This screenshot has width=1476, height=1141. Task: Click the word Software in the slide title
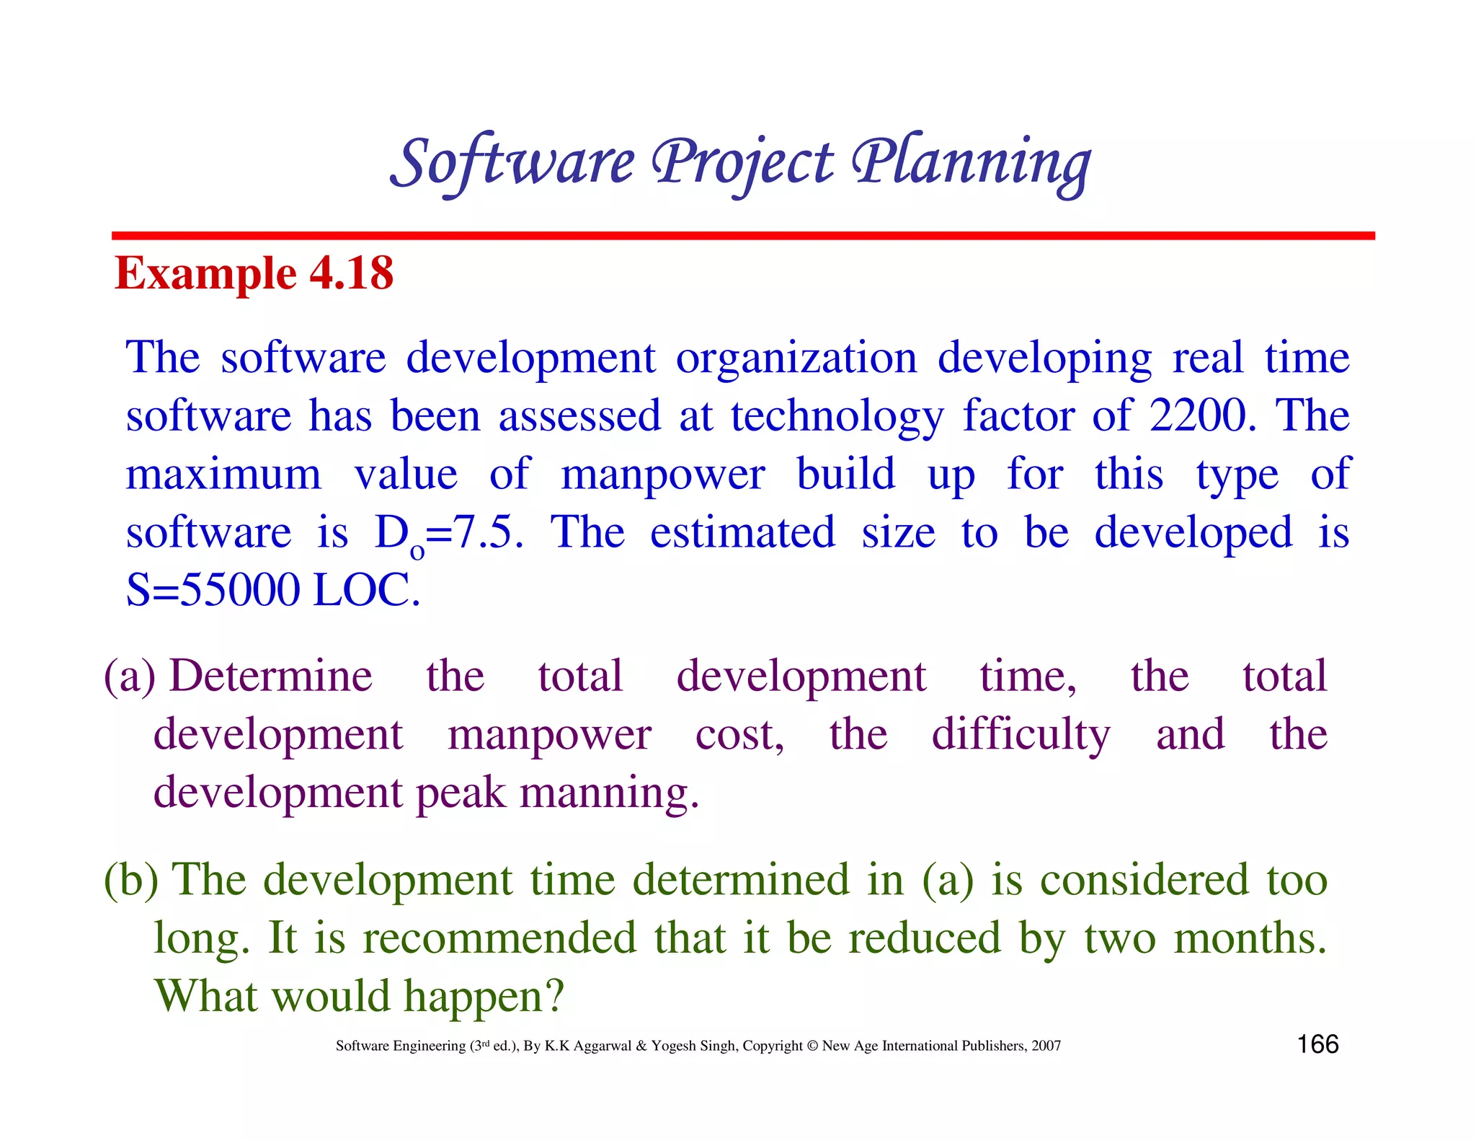tap(513, 163)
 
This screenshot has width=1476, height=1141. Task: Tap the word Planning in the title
tap(971, 163)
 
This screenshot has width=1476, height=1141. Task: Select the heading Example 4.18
tap(254, 273)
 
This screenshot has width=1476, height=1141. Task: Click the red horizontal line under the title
tap(742, 236)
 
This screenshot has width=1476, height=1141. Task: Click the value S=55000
tap(213, 590)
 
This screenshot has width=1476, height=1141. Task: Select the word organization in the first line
tap(796, 358)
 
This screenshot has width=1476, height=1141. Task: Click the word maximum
tap(223, 475)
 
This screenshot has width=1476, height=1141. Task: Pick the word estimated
tap(742, 532)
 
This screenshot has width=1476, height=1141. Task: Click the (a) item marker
tap(130, 677)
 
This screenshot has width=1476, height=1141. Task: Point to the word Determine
tap(271, 677)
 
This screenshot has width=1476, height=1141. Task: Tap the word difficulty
tap(1021, 736)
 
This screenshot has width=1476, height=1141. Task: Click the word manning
tap(609, 793)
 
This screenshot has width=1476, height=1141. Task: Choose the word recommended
tap(499, 938)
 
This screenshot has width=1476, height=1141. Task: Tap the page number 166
tap(1317, 1044)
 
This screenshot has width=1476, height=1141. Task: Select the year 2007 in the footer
tap(1046, 1046)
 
